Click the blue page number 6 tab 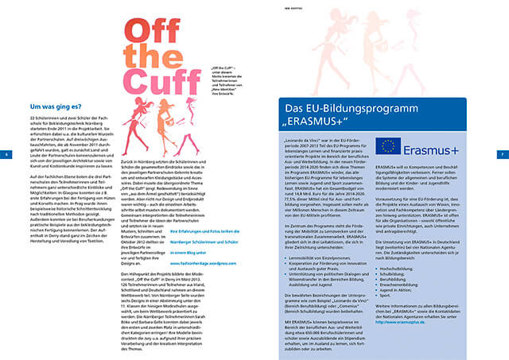[x=5, y=154]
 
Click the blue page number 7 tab [x=503, y=154]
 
